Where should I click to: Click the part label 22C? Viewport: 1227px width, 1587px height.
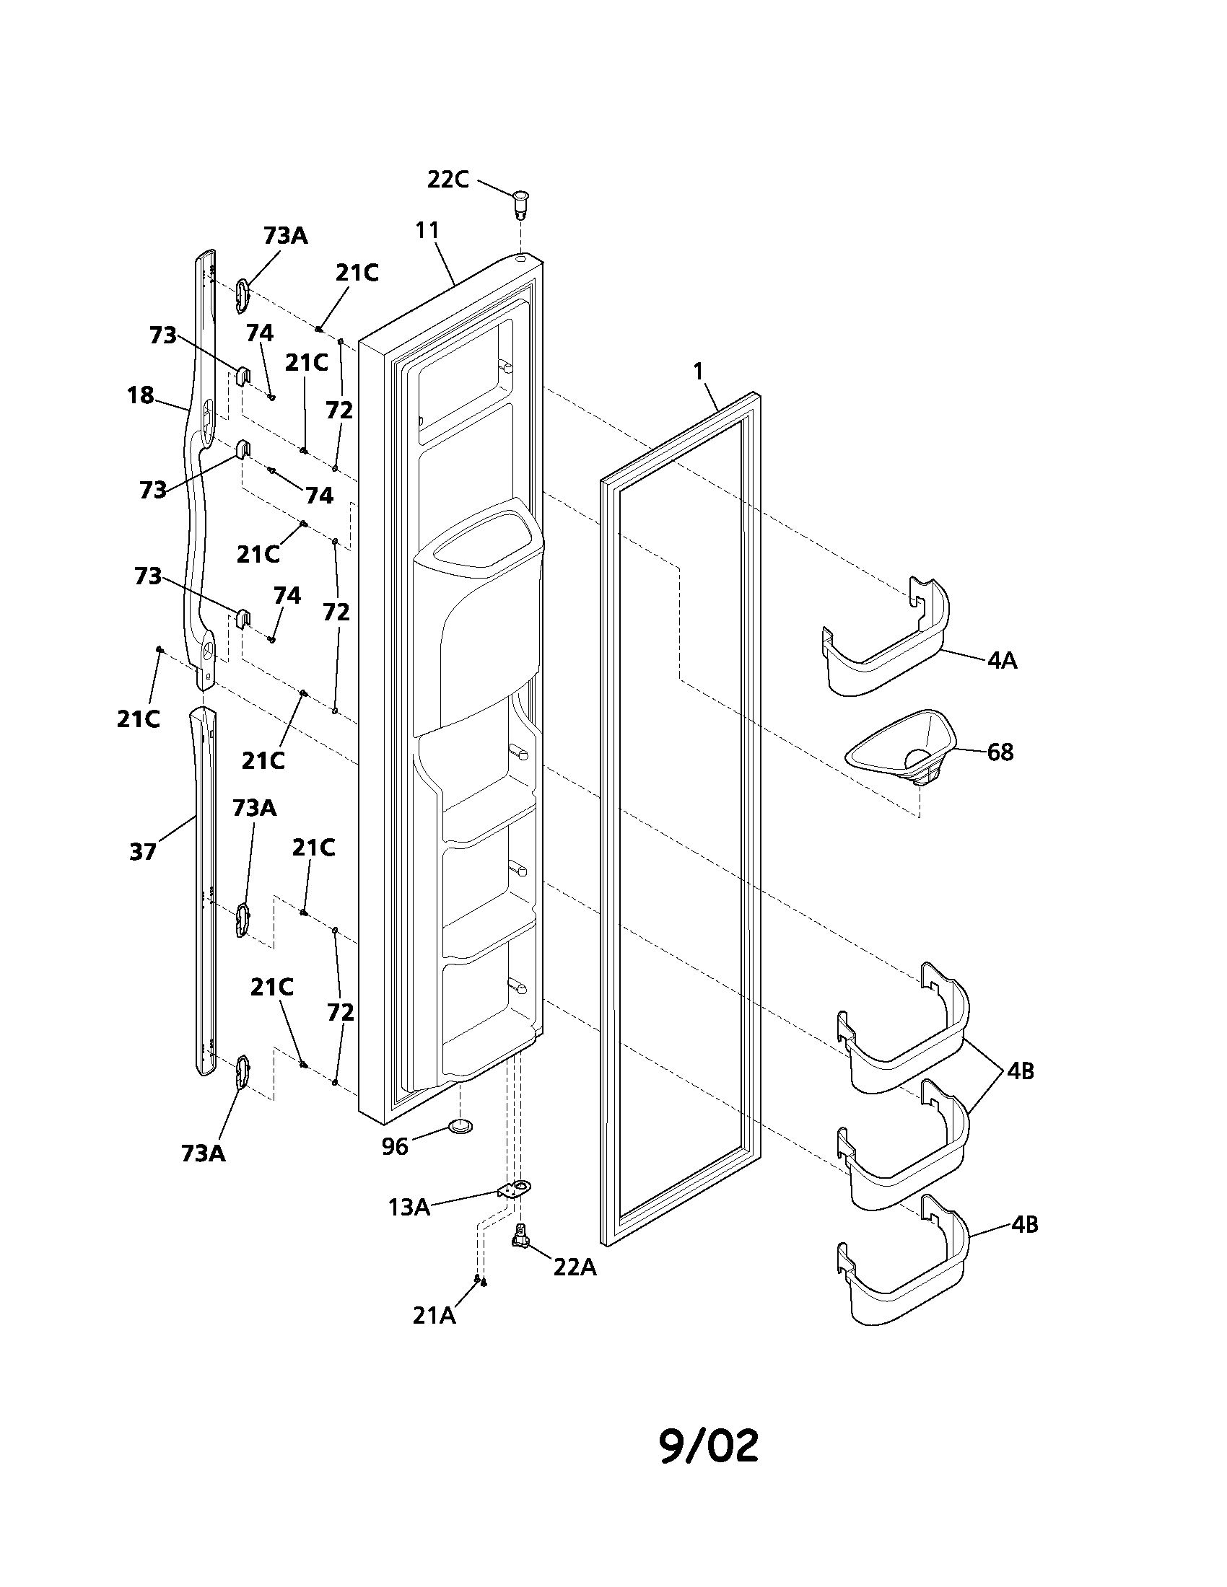click(x=447, y=180)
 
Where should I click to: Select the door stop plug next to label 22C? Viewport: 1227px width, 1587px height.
click(x=520, y=204)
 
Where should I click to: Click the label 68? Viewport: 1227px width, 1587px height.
click(x=1000, y=752)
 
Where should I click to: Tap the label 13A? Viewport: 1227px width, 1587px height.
click(x=409, y=1207)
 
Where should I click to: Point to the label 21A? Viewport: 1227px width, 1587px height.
click(x=434, y=1315)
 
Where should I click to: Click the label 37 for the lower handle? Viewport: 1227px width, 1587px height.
click(x=142, y=852)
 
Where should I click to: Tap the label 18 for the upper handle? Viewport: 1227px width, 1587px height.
click(x=140, y=395)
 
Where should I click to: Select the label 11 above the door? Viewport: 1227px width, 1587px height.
click(x=427, y=230)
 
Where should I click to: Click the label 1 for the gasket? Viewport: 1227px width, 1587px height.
click(x=698, y=372)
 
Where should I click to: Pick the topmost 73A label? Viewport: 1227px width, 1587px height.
click(x=285, y=236)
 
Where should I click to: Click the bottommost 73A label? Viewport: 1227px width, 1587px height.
click(x=204, y=1153)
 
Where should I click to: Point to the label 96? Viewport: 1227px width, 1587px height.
click(x=396, y=1146)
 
